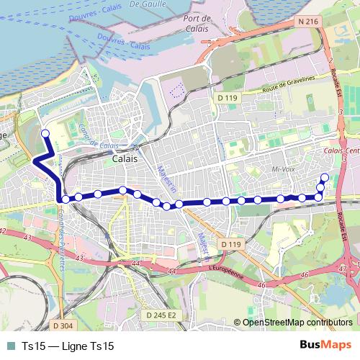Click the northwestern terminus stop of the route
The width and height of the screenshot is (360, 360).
45,133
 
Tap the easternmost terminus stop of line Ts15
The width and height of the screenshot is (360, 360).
324,178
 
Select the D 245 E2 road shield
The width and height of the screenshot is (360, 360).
161,315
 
